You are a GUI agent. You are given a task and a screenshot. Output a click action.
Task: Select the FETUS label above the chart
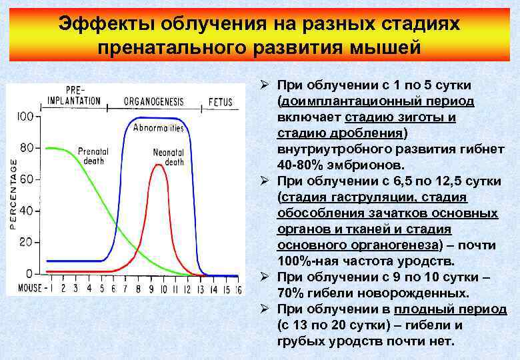pos(221,101)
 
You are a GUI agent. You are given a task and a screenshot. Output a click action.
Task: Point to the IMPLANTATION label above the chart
pos(74,101)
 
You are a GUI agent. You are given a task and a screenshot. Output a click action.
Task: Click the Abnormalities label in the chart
pos(159,127)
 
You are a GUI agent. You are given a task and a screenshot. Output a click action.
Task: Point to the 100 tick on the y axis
pos(25,117)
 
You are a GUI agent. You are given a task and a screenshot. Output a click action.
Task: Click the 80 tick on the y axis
pos(27,148)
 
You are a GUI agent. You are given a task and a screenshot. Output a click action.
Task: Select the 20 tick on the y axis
pos(27,241)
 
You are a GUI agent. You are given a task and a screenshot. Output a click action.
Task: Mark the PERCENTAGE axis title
pos(13,194)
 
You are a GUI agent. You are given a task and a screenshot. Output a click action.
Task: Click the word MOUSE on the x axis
pos(26,289)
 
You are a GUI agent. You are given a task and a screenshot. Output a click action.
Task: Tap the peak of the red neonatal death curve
pos(157,165)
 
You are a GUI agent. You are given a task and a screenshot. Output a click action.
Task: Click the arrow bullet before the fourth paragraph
pos(264,309)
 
